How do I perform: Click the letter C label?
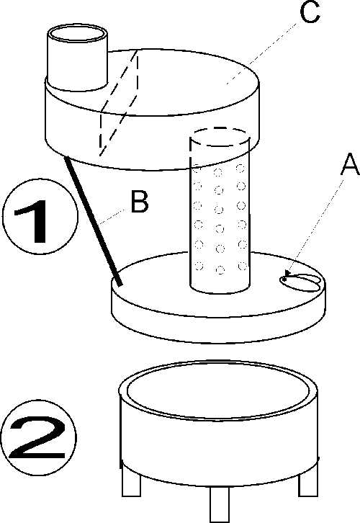pos(310,12)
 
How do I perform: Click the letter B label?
pos(140,202)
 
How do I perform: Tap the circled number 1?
pos(40,217)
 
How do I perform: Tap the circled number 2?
pos(38,437)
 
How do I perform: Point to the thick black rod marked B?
pos(94,221)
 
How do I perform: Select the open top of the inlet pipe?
pos(77,34)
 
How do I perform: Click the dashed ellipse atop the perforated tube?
pos(220,136)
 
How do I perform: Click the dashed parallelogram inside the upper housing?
pos(119,103)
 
